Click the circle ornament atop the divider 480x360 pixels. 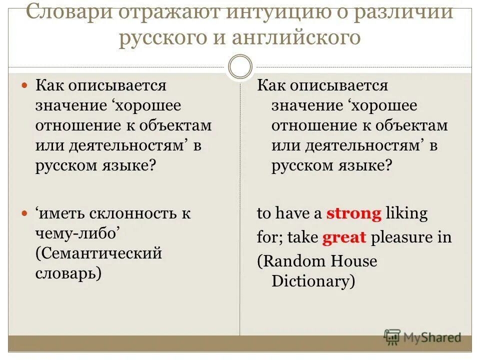coord(240,67)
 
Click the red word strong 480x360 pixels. coord(354,214)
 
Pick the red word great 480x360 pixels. coord(344,237)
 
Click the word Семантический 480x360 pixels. coord(98,253)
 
